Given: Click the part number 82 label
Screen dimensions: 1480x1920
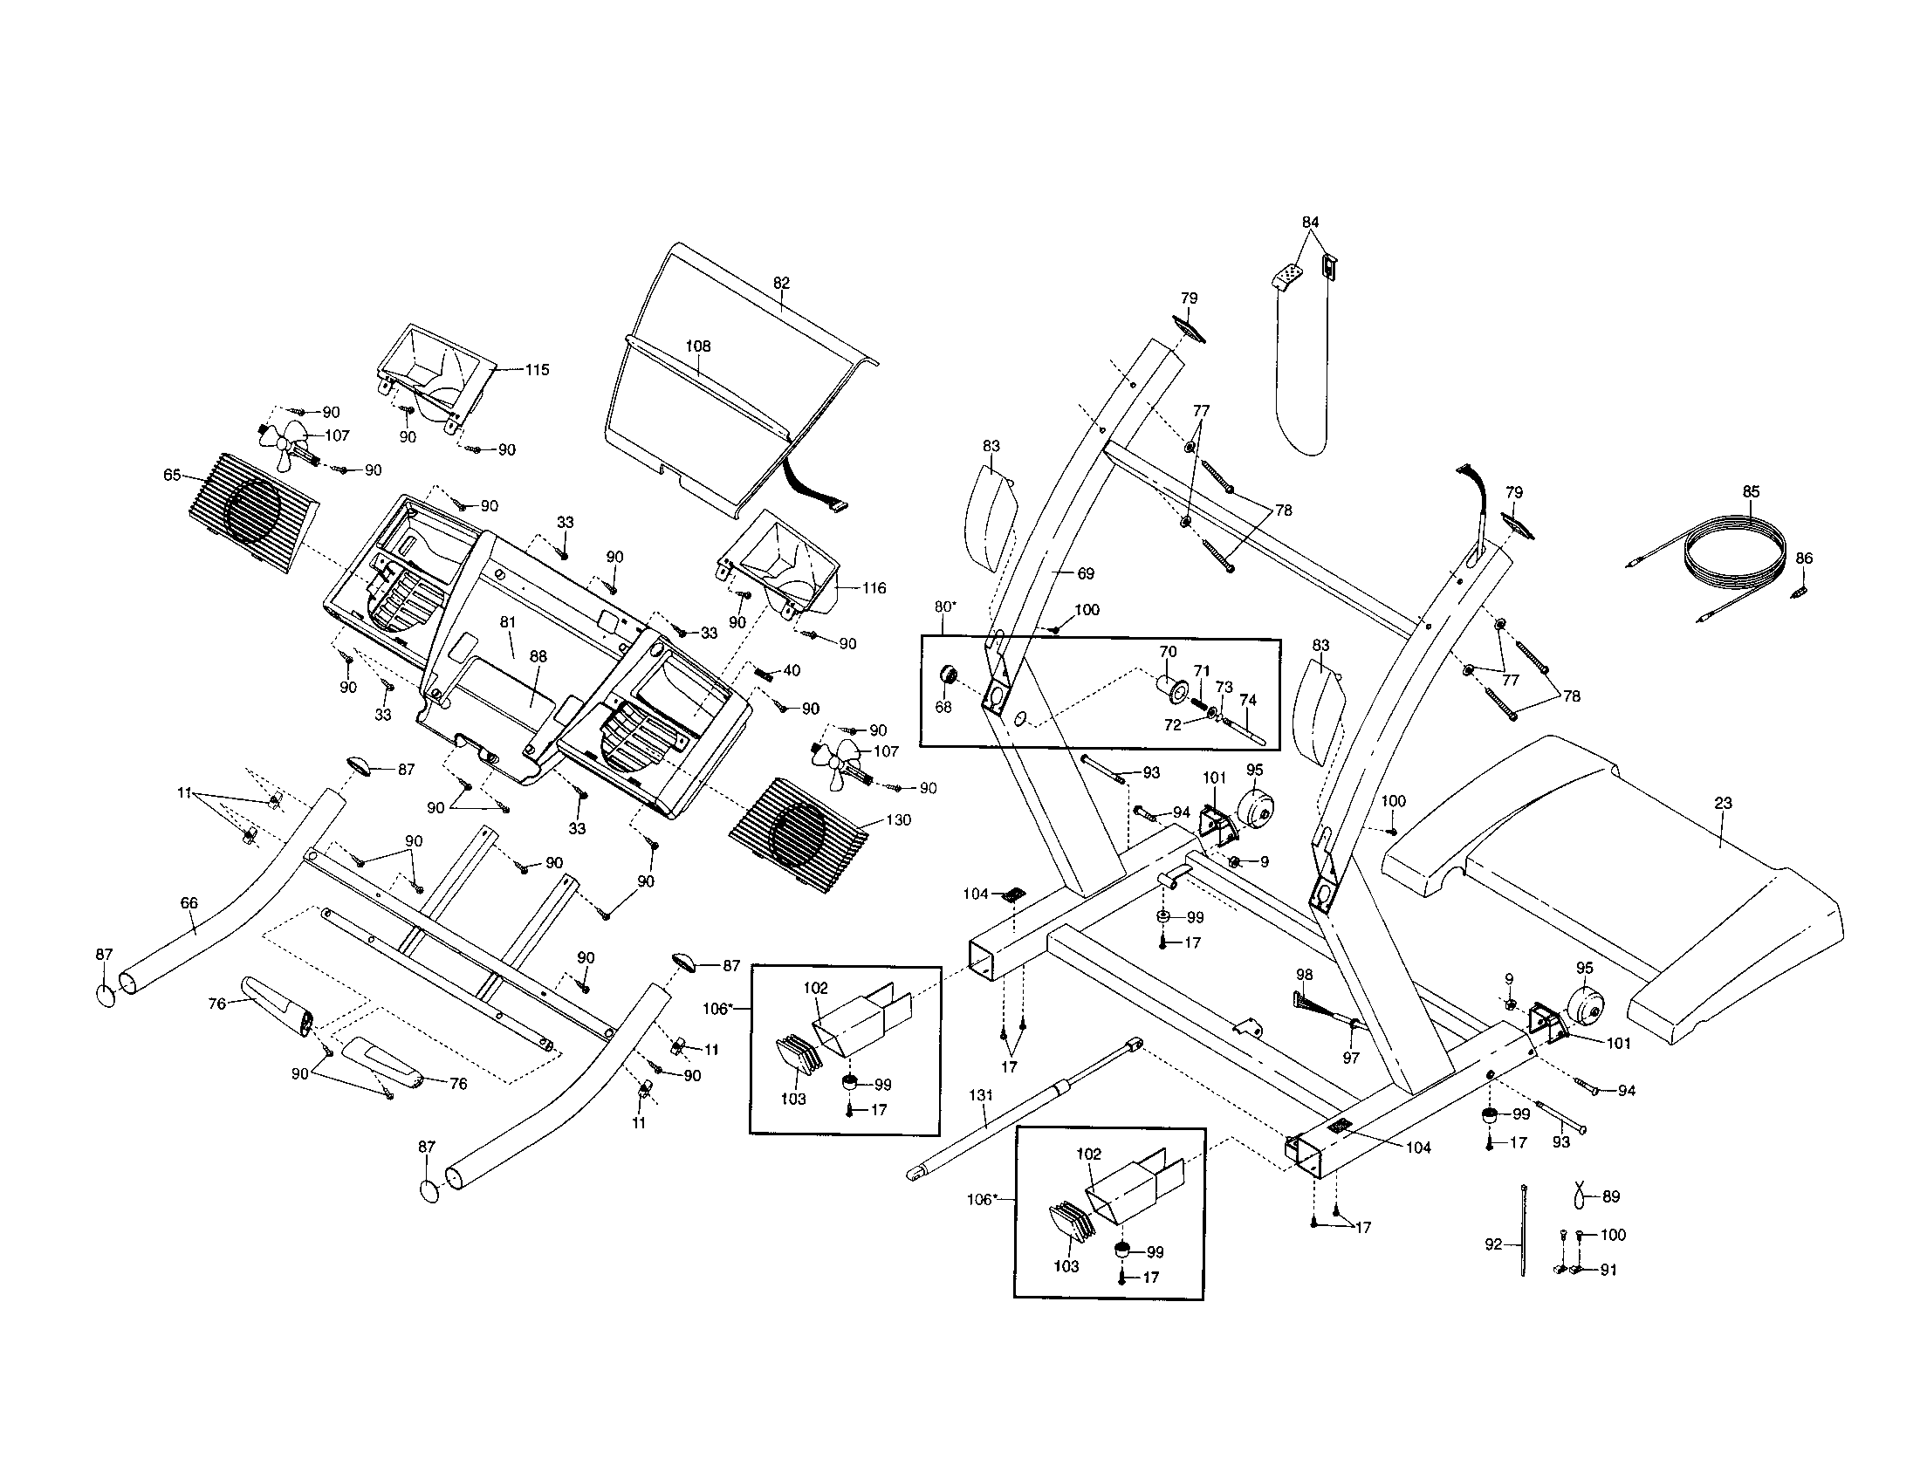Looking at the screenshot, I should (782, 283).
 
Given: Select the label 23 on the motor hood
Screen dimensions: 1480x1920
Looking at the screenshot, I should (1723, 803).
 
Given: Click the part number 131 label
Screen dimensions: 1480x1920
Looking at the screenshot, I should (980, 1095).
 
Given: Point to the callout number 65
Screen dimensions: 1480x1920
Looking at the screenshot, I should (172, 476).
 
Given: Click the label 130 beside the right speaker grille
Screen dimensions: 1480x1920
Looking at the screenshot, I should (898, 820).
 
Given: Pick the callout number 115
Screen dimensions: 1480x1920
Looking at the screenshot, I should (536, 370).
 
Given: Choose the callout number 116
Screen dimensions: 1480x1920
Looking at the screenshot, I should (874, 588).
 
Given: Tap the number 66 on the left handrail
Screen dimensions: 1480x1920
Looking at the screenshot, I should (189, 902).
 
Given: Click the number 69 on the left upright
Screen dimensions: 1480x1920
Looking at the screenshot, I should (1086, 574).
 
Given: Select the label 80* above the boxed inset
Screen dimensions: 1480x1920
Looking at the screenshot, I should (944, 606).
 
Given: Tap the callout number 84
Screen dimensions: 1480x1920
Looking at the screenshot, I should (1311, 223).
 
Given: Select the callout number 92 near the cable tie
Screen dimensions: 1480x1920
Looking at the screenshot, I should (1493, 1244).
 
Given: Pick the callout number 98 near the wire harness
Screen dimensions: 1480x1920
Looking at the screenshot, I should (1305, 975).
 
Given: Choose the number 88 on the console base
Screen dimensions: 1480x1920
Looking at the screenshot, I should (538, 656).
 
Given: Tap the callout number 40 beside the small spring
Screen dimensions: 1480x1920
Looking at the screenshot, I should (792, 670).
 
